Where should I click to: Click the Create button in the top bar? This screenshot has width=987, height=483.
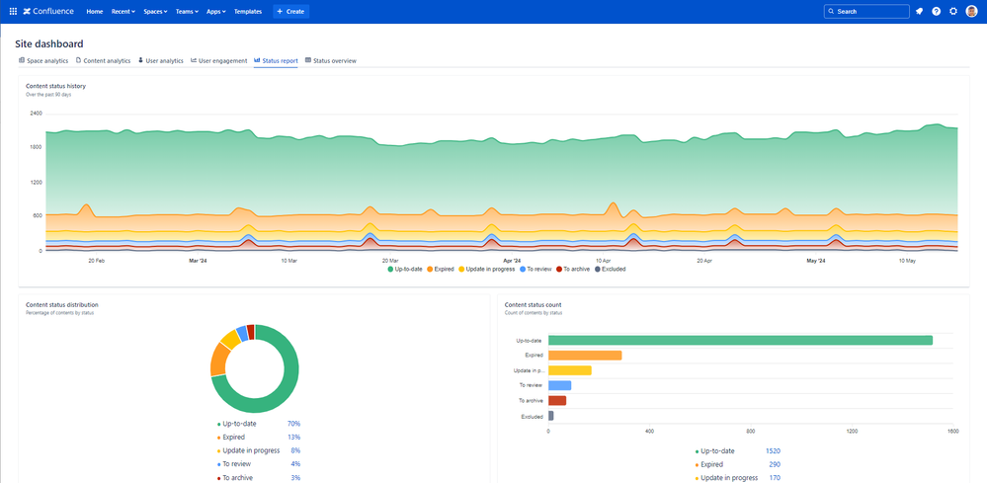(291, 11)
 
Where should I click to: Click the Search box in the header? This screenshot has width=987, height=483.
(866, 11)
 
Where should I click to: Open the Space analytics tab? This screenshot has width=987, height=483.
(43, 61)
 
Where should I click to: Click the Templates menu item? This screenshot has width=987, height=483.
(248, 11)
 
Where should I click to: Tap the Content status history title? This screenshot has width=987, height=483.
(55, 86)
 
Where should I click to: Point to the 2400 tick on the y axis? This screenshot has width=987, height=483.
(36, 114)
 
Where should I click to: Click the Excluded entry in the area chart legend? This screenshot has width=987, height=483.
(609, 269)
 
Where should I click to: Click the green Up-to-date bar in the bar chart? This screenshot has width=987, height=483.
(739, 341)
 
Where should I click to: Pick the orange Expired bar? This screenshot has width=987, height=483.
(585, 356)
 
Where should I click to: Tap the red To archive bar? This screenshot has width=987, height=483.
(557, 400)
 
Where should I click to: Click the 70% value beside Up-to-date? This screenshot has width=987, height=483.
(293, 424)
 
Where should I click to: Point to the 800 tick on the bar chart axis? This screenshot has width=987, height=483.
(751, 431)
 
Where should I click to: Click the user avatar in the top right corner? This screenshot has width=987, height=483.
(971, 11)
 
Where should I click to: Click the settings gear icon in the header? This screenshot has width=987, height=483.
(953, 11)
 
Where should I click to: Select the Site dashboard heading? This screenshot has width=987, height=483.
(48, 43)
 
